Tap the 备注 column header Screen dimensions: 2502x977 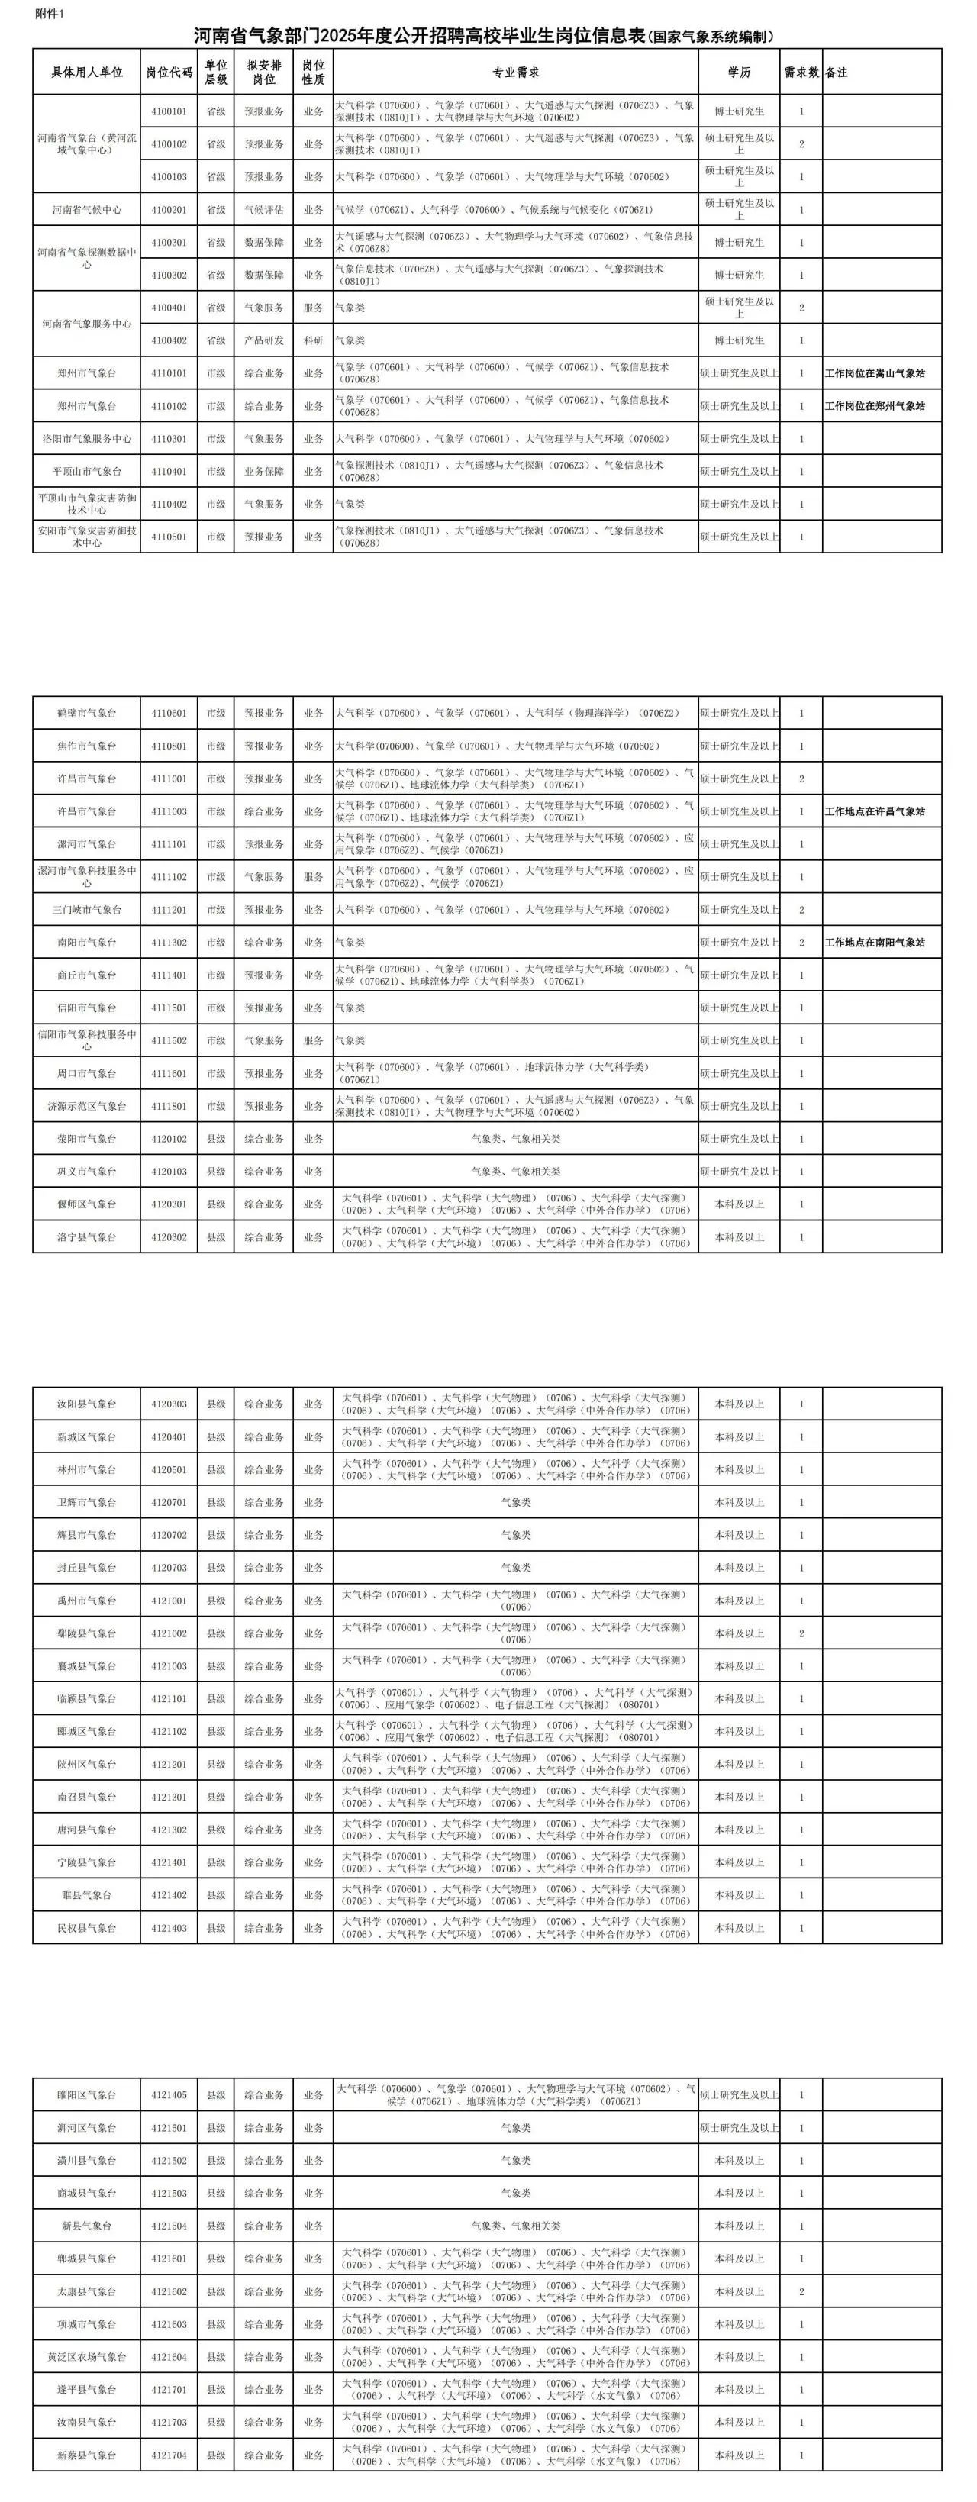coord(837,72)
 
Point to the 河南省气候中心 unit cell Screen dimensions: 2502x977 coord(86,210)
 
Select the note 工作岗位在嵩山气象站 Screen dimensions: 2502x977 coord(874,373)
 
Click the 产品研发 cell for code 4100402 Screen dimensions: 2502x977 coord(263,340)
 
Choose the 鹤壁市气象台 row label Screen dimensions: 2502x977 coord(86,713)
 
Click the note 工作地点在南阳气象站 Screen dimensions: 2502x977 coord(874,942)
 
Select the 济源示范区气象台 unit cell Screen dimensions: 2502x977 coord(86,1106)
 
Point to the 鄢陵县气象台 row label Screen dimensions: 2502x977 coord(86,1633)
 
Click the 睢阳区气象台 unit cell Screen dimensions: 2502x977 coord(86,2095)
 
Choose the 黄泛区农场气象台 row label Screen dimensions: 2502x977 coord(86,2357)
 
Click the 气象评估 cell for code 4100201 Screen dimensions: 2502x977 coord(263,210)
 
